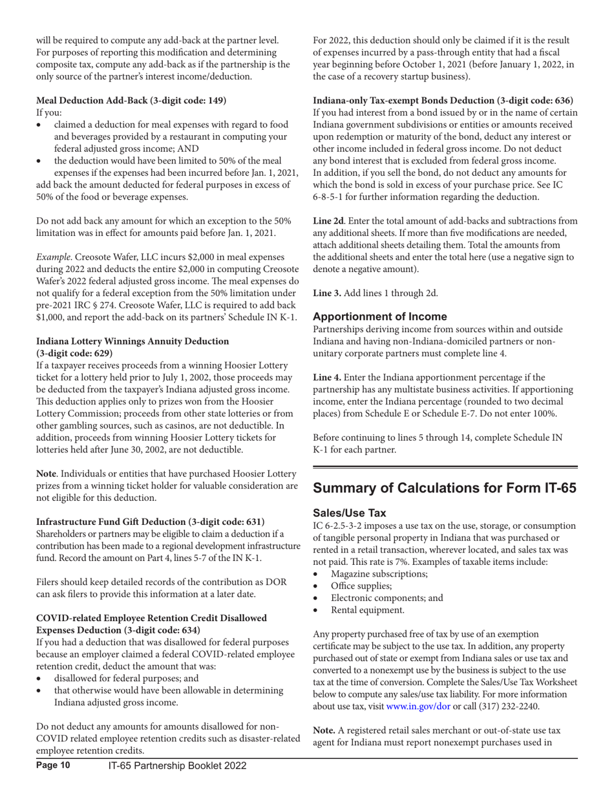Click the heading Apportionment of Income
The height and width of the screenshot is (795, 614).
(x=380, y=317)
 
